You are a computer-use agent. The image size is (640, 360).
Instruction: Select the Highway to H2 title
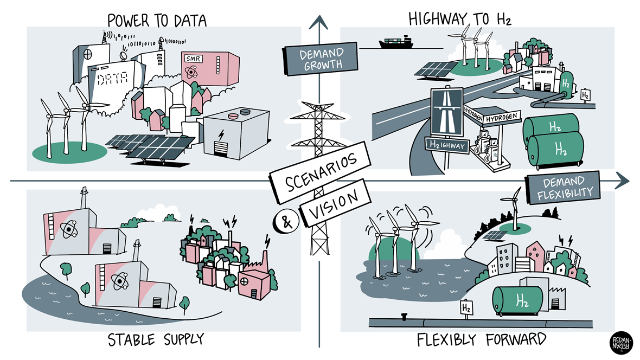(460, 19)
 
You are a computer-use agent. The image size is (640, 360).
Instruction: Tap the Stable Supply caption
(156, 340)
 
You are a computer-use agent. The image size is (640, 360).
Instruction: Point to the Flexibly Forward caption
(481, 340)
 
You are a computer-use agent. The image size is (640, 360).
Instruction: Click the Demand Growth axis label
(321, 59)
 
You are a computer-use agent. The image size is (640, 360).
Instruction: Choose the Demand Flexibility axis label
(563, 188)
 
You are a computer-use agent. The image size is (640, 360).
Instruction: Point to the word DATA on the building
(112, 79)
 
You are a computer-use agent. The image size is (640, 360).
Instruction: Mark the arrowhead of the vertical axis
(319, 23)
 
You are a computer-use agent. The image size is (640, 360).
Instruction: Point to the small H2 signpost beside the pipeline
(466, 308)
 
